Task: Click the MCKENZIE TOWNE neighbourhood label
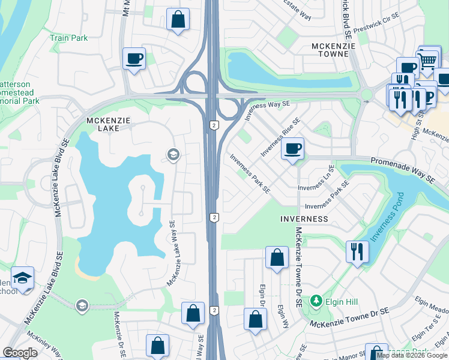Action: click(x=330, y=50)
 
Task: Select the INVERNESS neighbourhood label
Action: click(x=304, y=219)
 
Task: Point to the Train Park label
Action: click(x=68, y=38)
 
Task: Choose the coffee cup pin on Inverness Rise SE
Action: click(x=292, y=148)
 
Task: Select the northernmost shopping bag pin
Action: click(x=178, y=19)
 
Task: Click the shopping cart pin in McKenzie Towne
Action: click(x=427, y=59)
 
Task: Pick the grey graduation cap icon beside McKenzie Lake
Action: click(x=173, y=156)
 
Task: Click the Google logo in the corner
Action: click(x=19, y=353)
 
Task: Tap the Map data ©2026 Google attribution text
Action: click(x=412, y=355)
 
